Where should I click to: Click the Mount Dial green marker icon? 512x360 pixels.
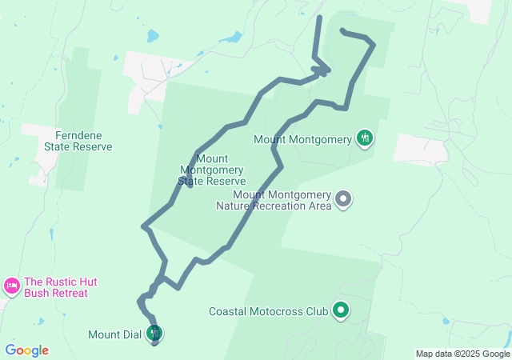coord(155,332)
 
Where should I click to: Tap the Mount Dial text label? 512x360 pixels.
coord(115,334)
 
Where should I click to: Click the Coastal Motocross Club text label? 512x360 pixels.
coord(268,311)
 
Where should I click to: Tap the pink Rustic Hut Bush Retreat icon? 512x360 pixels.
coord(11,286)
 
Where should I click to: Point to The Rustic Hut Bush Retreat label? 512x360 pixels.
coord(56,287)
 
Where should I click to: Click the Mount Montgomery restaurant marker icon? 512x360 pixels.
coord(365,138)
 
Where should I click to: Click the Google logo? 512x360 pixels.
coord(26,350)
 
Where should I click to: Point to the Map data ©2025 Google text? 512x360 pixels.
coord(462,354)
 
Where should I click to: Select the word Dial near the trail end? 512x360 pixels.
coord(133,334)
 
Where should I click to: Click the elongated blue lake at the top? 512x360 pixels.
coord(230,37)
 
